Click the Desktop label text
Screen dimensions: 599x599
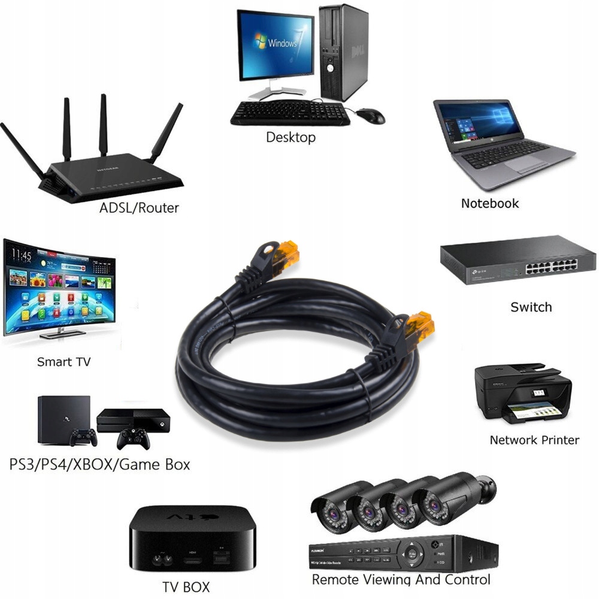[291, 137]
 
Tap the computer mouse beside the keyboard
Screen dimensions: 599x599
[371, 116]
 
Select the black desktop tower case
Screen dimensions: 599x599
[343, 52]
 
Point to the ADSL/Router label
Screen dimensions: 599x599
[140, 208]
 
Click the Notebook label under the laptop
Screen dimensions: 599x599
[489, 203]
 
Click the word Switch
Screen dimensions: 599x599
[531, 307]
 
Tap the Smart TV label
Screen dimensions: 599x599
[63, 362]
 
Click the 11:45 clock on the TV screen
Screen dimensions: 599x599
[21, 256]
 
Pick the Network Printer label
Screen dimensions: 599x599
[534, 440]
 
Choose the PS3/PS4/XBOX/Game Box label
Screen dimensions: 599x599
[99, 464]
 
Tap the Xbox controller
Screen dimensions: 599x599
[133, 438]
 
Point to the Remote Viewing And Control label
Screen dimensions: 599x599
[401, 580]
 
